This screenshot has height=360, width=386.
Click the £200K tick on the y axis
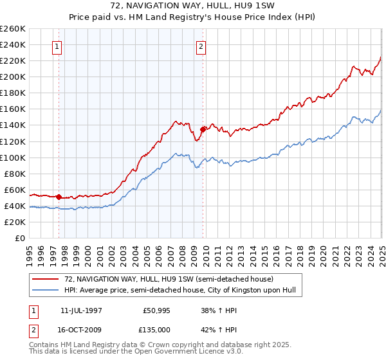(14, 76)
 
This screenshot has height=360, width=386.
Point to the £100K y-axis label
(14, 157)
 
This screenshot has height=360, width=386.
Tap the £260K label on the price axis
(14, 28)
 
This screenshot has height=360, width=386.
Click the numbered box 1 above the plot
(57, 46)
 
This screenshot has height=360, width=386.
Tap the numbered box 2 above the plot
(201, 46)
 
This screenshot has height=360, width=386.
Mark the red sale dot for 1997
(59, 197)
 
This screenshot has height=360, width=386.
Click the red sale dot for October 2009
(203, 129)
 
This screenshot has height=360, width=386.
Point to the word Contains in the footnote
(43, 346)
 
